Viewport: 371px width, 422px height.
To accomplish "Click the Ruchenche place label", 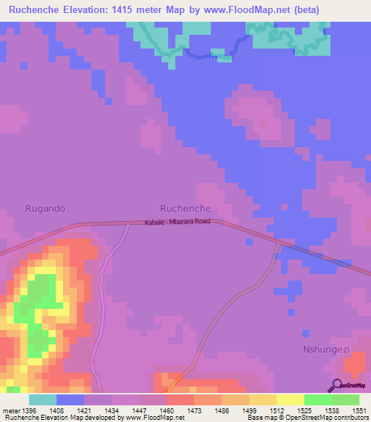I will click(185, 208).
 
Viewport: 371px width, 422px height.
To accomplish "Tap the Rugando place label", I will click(45, 208).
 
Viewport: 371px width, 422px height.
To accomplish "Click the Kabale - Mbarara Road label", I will click(177, 221).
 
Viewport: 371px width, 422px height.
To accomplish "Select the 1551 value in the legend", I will click(359, 410).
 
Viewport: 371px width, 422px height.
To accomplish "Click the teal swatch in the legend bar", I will click(43, 400).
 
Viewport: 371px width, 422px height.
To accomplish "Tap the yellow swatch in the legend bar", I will click(291, 400).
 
